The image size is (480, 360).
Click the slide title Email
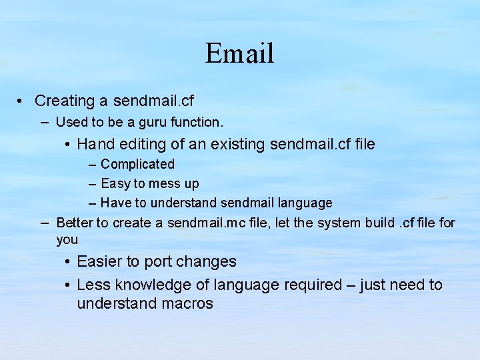[x=239, y=53]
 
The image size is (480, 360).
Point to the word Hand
[x=95, y=144]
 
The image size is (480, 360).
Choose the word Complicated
[x=137, y=164]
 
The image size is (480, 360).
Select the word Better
[x=75, y=223]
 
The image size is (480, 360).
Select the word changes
[x=206, y=262]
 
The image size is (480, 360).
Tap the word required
[x=313, y=285]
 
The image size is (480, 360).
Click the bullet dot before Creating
[x=22, y=101]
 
